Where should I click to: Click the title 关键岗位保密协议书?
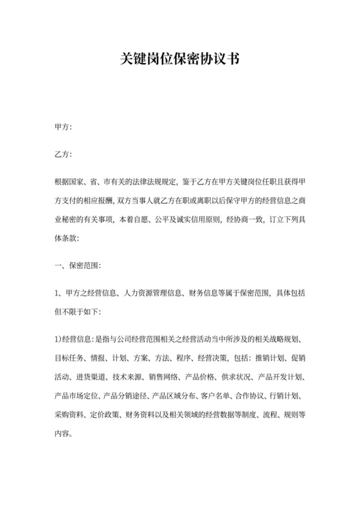tap(180, 60)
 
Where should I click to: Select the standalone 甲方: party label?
tap(64, 127)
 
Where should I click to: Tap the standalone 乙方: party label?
tap(64, 155)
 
